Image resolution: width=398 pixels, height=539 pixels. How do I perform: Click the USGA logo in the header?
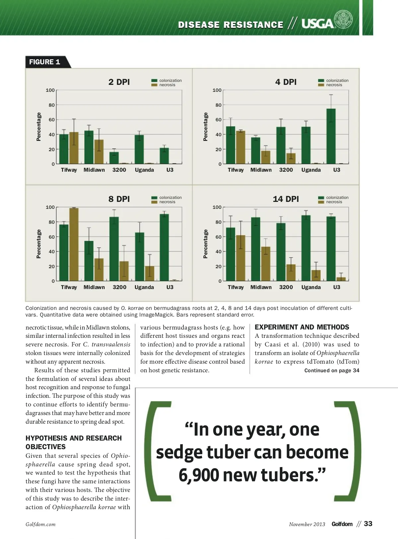tap(327, 22)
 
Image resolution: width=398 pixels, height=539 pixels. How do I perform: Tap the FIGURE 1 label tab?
tap(45, 62)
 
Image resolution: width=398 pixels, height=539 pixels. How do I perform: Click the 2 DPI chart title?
tap(119, 82)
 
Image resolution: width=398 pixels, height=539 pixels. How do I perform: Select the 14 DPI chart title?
tap(286, 199)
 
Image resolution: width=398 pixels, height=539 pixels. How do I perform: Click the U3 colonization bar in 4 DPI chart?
tap(331, 136)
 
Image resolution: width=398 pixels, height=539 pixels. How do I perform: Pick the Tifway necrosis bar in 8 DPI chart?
tap(74, 245)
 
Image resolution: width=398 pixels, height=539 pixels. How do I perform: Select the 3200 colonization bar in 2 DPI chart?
tap(114, 158)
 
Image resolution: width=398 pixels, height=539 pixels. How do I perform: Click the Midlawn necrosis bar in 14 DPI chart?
tap(265, 264)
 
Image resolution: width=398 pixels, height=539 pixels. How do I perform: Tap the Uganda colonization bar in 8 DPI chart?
tap(140, 257)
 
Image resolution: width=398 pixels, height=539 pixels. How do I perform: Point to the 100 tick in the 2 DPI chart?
tap(50, 90)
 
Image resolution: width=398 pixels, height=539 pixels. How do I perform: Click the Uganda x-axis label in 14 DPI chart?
tap(311, 287)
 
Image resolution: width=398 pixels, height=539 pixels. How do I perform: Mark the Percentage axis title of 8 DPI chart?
tap(39, 244)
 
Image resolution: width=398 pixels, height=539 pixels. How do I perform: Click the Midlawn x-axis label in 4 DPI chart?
tap(261, 170)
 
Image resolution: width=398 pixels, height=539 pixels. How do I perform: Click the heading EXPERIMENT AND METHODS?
tap(302, 327)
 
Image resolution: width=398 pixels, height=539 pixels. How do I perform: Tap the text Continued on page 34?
tap(332, 370)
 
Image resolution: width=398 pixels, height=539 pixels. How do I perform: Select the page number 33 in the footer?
tap(368, 524)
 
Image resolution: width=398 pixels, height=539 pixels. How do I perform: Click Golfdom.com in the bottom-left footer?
tap(40, 524)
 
